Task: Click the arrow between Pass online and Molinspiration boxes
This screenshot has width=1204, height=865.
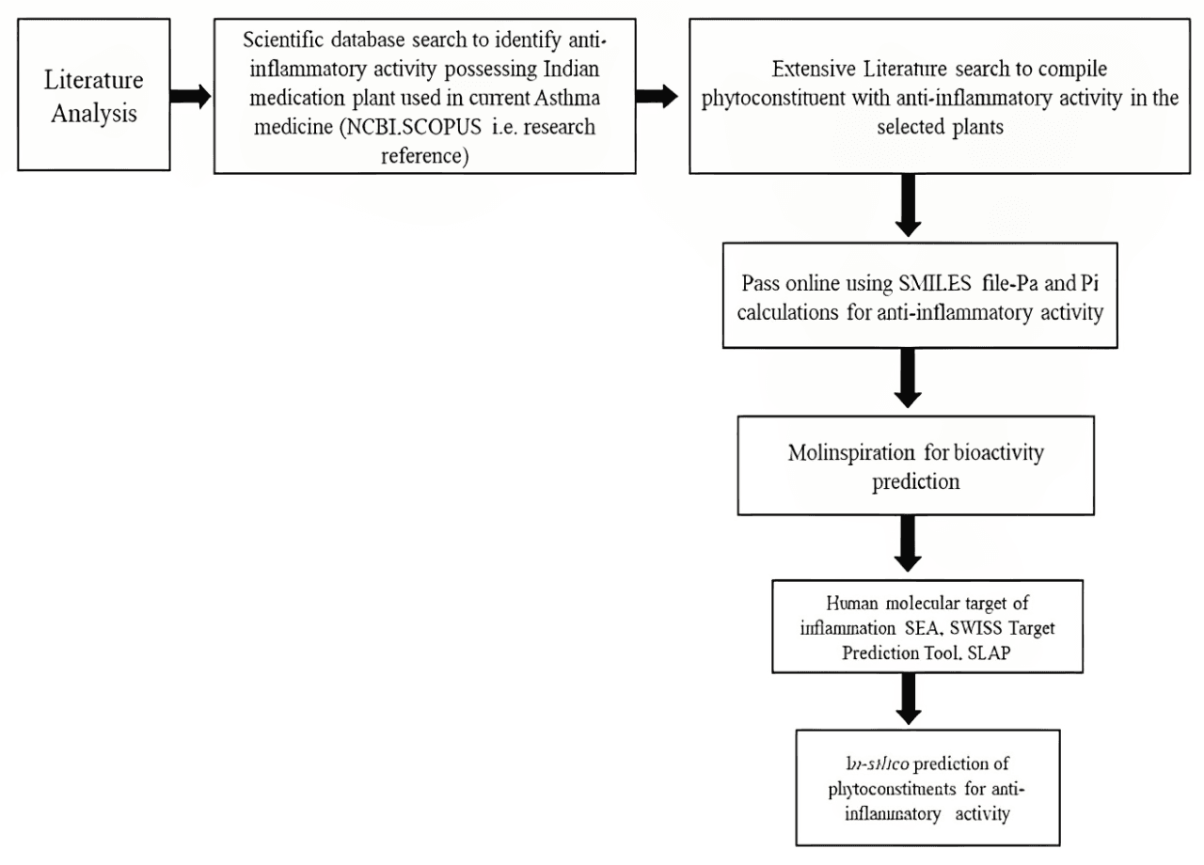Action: [x=908, y=378]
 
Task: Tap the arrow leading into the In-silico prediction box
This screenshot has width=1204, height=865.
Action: [x=908, y=700]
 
